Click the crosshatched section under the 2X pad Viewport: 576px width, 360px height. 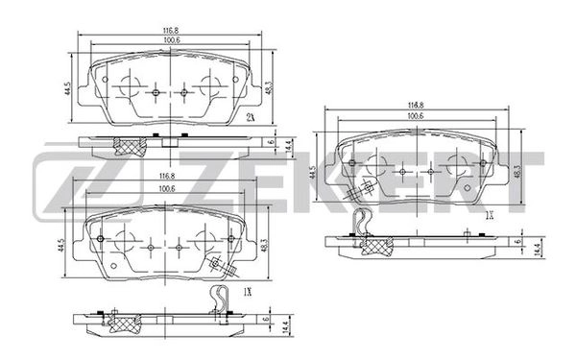[x=128, y=145]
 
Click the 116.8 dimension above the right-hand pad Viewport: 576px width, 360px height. [x=416, y=105]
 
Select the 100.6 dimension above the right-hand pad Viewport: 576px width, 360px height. [x=416, y=116]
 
